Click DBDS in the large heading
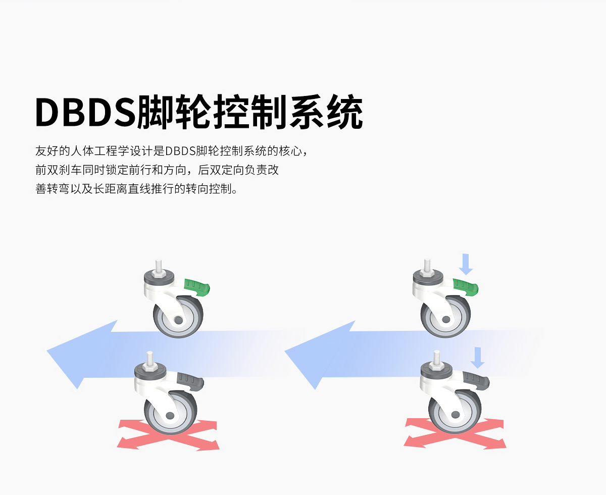85,112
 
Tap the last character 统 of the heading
345,112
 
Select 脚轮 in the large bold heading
174,112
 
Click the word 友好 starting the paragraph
47,151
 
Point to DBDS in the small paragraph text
180,151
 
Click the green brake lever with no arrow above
197,287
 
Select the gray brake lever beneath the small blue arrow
476,380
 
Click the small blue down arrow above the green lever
466,264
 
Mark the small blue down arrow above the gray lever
478,358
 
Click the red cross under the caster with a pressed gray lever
455,434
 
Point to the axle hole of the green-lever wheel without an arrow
178,320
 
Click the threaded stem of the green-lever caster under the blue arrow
427,265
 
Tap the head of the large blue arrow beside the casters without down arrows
82,354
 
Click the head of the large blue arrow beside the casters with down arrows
320,355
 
